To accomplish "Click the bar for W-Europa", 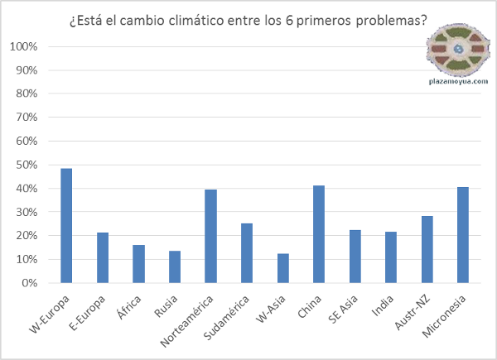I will point(66,225).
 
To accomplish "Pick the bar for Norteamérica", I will point(210,236).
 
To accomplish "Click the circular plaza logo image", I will point(458,50).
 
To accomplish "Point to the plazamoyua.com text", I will point(458,82).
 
